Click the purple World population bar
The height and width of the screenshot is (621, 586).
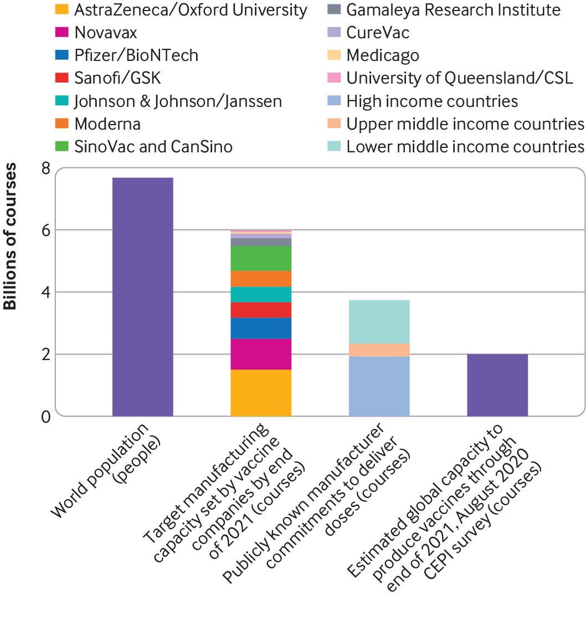click(x=142, y=296)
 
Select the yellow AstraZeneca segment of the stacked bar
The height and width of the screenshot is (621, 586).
click(x=261, y=393)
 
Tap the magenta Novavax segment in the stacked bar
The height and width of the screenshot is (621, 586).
click(x=261, y=354)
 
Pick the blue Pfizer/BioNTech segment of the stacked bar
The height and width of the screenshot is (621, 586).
click(x=261, y=328)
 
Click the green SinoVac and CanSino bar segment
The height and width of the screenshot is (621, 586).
click(x=261, y=258)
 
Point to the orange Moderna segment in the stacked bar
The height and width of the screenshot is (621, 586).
click(x=261, y=279)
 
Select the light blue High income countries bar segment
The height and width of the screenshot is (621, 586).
click(x=379, y=386)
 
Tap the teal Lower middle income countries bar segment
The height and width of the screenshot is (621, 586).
click(x=379, y=322)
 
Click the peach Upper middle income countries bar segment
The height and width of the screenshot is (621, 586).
click(x=379, y=350)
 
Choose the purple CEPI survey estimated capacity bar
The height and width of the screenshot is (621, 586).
click(x=497, y=385)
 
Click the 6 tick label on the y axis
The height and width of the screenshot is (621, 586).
click(x=46, y=230)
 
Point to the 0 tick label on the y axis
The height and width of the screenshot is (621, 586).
click(x=46, y=416)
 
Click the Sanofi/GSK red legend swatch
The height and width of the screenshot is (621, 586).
click(x=61, y=78)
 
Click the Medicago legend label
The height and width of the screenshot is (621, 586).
click(x=383, y=55)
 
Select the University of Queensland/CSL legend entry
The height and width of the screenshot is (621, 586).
click(x=459, y=78)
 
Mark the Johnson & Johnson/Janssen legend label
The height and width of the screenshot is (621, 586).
click(x=178, y=101)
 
